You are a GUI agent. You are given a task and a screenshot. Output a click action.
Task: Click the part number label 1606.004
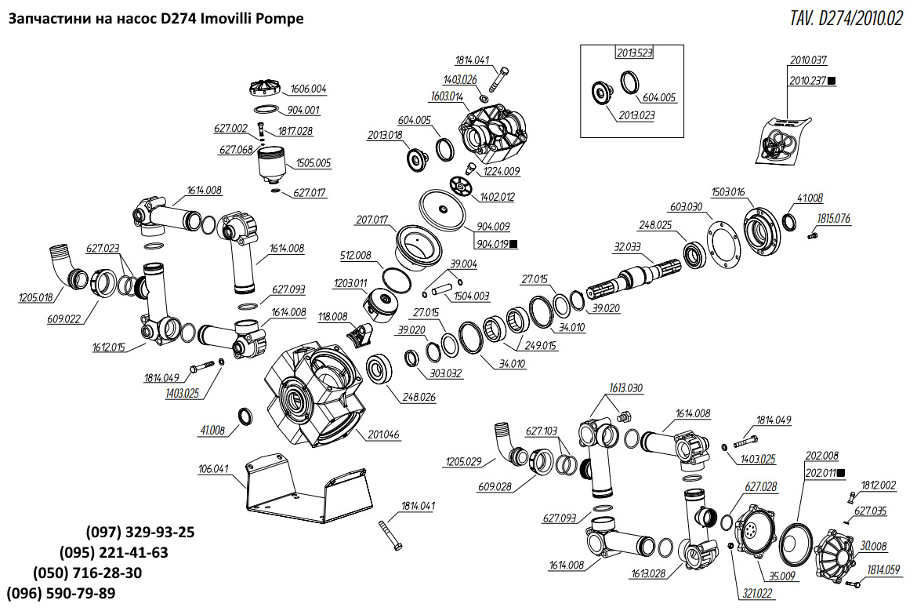click(308, 89)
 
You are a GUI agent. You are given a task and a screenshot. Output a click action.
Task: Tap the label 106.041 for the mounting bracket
click(214, 470)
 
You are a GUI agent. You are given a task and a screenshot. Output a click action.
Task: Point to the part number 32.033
click(627, 246)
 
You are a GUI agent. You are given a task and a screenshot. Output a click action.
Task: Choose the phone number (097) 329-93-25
click(140, 532)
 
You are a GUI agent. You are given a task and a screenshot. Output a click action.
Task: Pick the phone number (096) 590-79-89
click(60, 593)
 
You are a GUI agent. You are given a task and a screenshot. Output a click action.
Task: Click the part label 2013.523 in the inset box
click(633, 53)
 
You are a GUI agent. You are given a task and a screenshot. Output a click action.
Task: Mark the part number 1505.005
click(313, 163)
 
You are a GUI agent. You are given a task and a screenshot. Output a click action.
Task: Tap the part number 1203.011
click(350, 283)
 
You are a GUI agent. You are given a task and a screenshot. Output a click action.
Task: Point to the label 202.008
click(822, 456)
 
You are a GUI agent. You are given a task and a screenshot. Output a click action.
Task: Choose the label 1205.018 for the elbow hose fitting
click(35, 297)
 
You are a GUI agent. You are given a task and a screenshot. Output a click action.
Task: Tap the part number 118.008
click(332, 317)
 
